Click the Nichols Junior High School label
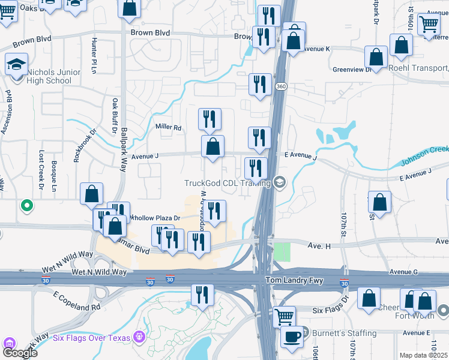53,77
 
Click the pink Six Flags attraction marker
139,336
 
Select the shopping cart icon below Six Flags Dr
283,316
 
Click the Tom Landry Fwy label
287,281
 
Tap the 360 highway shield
280,88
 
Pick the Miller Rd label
169,127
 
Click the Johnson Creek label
424,156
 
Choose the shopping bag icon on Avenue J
212,146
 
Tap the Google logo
19,352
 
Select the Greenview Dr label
352,70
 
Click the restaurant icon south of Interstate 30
202,295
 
